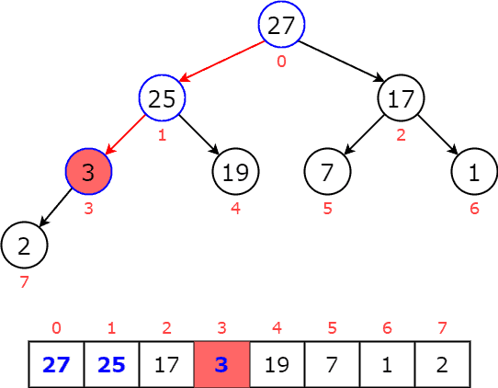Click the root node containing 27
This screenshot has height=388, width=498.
[281, 25]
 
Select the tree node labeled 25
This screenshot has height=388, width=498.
[162, 98]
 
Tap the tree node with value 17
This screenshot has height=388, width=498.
[401, 98]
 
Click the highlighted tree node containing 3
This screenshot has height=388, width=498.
[88, 172]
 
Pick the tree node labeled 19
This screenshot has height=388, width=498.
[236, 172]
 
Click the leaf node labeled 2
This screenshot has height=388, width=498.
[24, 245]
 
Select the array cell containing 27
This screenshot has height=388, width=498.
[56, 364]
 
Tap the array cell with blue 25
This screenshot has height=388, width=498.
[111, 364]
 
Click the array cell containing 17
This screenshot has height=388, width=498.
[166, 364]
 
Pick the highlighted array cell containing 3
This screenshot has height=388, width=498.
[221, 364]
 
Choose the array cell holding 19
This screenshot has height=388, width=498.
[277, 364]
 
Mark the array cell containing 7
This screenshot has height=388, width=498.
[332, 364]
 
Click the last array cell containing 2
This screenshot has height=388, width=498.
[442, 364]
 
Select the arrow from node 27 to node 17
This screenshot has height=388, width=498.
[341, 62]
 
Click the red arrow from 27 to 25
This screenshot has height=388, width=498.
[221, 62]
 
